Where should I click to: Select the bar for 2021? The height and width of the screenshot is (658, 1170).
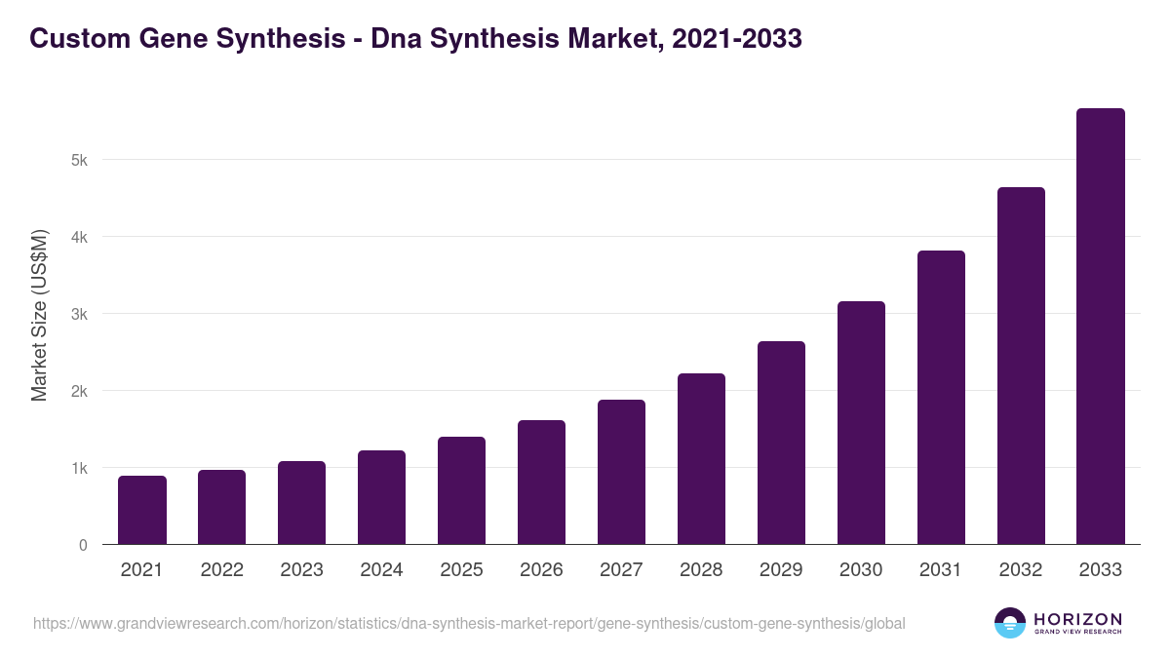[142, 510]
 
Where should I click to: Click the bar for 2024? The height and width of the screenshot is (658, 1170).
[381, 497]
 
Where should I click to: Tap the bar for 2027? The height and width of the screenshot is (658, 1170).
[621, 472]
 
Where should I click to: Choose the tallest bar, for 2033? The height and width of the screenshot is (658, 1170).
[1100, 327]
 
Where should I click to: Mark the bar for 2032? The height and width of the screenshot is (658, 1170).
[1021, 366]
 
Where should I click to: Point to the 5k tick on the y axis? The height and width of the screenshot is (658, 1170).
[79, 160]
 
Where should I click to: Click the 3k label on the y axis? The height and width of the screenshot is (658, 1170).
[79, 314]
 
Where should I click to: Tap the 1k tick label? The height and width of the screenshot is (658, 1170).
[79, 468]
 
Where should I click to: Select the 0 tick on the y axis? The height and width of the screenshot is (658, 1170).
[83, 545]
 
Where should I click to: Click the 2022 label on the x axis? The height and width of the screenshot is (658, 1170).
[222, 570]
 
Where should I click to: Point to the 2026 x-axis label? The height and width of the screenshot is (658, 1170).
[541, 570]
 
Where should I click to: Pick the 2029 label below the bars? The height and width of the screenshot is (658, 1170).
[781, 570]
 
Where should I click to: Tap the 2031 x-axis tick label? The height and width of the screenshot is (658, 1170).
[941, 570]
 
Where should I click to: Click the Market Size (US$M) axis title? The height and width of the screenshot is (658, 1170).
[39, 315]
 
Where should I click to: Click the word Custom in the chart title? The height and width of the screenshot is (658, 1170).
[74, 39]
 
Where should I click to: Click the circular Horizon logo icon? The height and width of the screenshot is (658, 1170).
[1010, 623]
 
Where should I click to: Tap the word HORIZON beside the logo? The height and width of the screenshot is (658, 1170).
[1077, 619]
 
